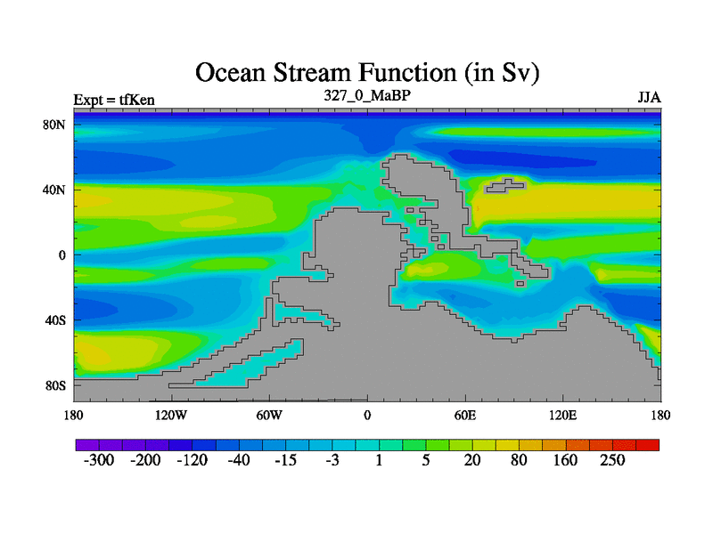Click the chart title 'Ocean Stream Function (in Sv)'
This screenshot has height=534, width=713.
pos(367,73)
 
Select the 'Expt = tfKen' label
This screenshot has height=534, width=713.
pos(114,100)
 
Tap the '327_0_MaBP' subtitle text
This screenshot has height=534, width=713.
pos(367,95)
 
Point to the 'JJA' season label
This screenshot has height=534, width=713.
pos(650,98)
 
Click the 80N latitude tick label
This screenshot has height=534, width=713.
pos(54,125)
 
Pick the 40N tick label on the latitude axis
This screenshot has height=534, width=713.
pos(54,190)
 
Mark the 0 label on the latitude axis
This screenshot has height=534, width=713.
pos(61,255)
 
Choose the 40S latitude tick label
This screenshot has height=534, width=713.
pos(55,320)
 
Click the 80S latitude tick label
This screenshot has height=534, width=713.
pos(55,386)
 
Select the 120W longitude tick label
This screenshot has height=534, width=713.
pos(171,415)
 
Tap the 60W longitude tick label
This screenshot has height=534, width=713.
pos(269,415)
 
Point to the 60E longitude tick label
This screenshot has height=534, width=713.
pos(465,415)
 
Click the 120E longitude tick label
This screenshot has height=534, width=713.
pos(563,415)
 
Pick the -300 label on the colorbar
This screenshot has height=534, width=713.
pos(99,460)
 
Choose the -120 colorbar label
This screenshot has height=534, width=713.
pos(192,460)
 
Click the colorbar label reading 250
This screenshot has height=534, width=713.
pos(612,460)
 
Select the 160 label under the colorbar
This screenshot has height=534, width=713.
pos(565,460)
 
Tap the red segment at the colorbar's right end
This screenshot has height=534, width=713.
pos(648,445)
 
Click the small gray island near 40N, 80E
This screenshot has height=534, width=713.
pos(504,185)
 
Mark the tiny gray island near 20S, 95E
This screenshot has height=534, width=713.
pos(520,284)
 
